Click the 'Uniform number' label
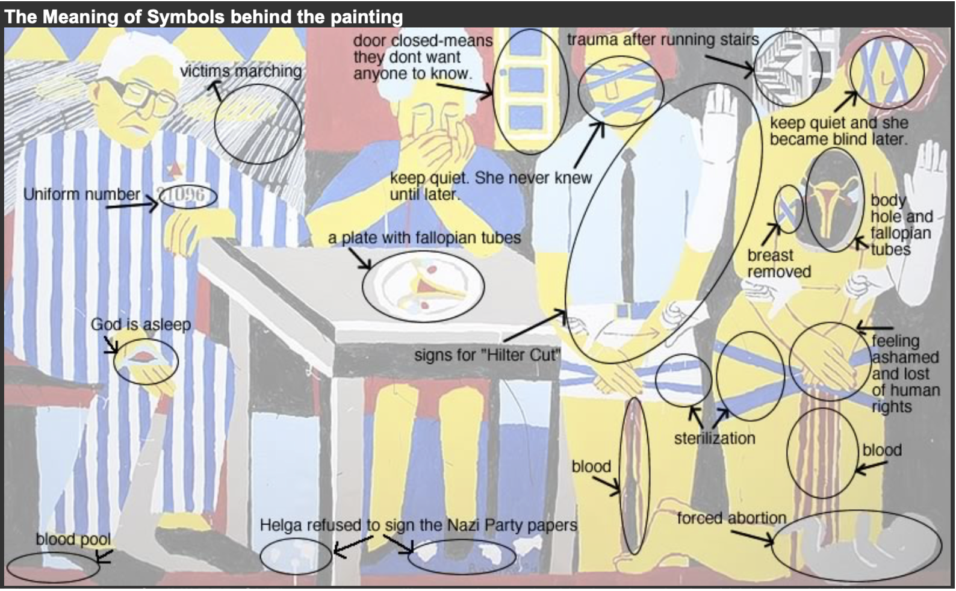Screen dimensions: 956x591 (81, 194)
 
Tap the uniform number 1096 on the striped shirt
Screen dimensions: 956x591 (187, 196)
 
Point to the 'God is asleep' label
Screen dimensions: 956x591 (140, 325)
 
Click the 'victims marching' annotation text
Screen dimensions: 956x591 (241, 71)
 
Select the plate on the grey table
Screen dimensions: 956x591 (423, 286)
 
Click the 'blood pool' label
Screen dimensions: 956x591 (73, 539)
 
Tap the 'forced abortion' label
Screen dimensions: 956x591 (731, 518)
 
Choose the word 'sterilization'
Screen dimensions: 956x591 (715, 438)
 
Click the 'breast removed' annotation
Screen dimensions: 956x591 (779, 263)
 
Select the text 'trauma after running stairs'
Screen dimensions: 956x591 (663, 40)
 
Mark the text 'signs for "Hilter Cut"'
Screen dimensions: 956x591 (486, 355)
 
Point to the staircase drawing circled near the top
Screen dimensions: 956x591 (785, 68)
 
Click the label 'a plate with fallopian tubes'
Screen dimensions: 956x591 (424, 238)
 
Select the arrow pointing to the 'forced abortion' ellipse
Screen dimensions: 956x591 (752, 537)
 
